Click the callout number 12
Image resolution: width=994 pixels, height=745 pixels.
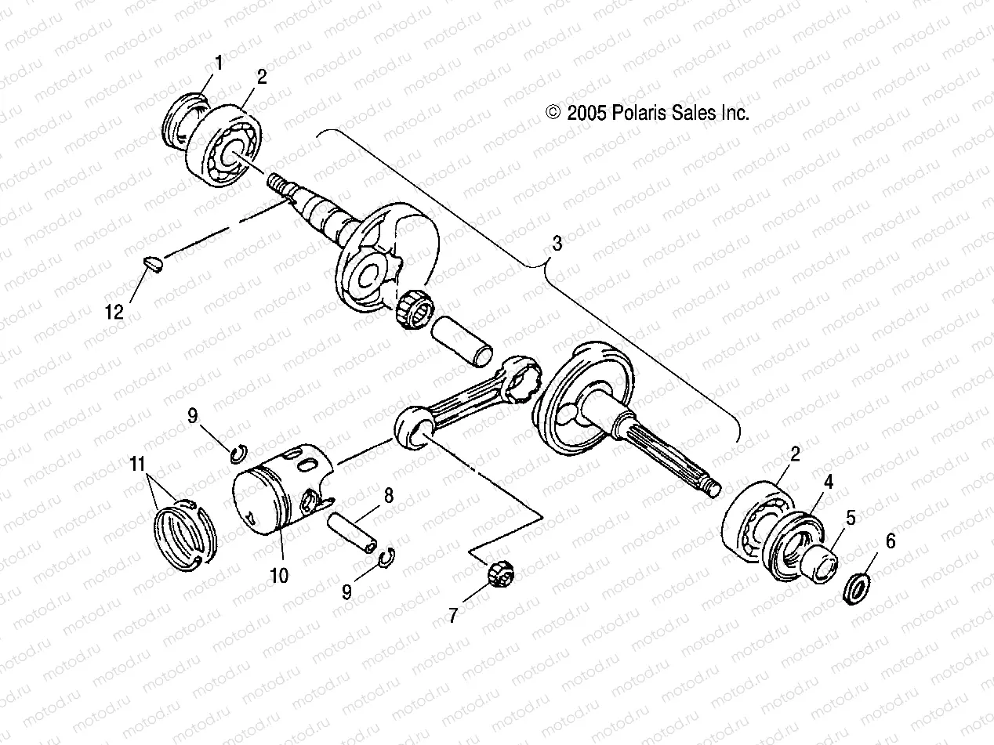[114, 313]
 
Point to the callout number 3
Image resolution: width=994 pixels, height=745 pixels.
[557, 244]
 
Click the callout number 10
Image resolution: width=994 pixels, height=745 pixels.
[278, 576]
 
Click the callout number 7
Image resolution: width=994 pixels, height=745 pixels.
[452, 616]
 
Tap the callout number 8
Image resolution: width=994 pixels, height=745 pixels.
[388, 495]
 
